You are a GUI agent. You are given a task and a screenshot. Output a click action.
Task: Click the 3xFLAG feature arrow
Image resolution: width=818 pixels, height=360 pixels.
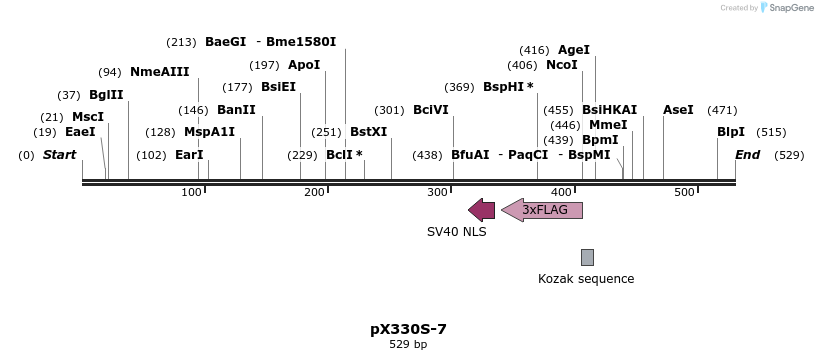tap(542, 209)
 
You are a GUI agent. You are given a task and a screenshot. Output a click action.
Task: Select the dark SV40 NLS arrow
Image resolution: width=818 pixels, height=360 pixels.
tap(481, 209)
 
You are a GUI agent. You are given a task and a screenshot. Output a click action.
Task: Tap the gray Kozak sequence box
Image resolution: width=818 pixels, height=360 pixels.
tap(587, 257)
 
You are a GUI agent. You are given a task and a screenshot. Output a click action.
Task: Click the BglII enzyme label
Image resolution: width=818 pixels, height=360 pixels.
tap(106, 95)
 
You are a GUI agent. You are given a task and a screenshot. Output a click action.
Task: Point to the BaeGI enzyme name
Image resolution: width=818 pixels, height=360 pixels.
tap(225, 42)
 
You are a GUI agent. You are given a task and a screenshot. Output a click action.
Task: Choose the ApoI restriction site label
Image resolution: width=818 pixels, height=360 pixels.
tap(304, 65)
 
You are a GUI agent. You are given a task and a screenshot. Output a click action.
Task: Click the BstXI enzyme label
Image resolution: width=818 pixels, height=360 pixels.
tap(368, 132)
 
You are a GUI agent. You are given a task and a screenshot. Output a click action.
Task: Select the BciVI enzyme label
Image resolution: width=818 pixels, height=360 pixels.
tap(430, 110)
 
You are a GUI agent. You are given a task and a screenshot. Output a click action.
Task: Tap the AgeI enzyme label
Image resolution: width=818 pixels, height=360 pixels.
tap(574, 50)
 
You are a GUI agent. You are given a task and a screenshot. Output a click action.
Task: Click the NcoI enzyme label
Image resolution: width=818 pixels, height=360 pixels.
tap(562, 65)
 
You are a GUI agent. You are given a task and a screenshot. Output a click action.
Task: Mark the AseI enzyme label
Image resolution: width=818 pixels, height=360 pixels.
tap(678, 110)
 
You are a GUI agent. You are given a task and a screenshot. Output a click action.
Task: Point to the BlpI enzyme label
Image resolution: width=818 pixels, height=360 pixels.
tap(731, 132)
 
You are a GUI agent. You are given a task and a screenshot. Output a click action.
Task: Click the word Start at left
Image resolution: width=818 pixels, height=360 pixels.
tap(60, 155)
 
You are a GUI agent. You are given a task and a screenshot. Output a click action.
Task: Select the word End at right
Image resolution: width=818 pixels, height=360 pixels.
tap(747, 155)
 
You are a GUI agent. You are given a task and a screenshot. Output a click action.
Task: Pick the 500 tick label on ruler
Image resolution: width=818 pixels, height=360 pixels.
tap(684, 192)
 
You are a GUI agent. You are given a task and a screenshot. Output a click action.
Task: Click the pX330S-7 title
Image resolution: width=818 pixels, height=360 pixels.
tap(408, 328)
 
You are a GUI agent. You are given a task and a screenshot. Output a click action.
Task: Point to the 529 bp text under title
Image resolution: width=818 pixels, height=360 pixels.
tap(408, 345)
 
